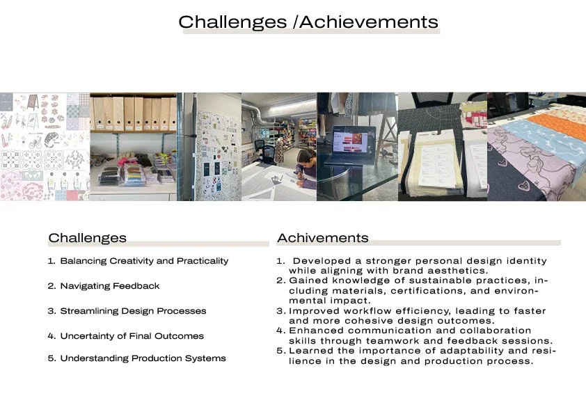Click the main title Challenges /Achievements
click(308, 22)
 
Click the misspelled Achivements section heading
click(323, 238)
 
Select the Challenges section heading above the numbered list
click(88, 239)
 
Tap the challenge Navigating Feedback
click(110, 286)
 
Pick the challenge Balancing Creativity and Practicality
click(144, 261)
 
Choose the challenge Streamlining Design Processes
click(133, 311)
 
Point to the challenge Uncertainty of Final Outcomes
click(132, 336)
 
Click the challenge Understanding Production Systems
click(143, 358)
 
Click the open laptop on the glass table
click(351, 145)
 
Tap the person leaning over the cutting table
click(306, 168)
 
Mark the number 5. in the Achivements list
click(281, 351)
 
